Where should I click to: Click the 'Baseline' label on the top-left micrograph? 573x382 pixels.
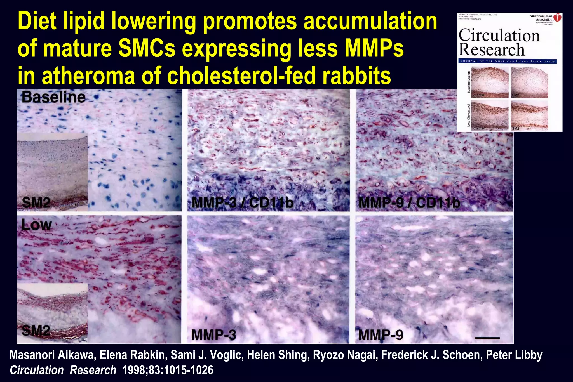(x=53, y=97)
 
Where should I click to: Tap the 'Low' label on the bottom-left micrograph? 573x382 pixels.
(x=37, y=225)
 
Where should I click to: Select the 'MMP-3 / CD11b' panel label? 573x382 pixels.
(x=242, y=203)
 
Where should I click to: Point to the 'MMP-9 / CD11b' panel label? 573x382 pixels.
(x=409, y=203)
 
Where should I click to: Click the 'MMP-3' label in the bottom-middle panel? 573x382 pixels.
(x=214, y=335)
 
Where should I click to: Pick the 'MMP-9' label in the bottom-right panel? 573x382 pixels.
(x=381, y=335)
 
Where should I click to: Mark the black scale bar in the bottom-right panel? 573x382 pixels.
(x=487, y=338)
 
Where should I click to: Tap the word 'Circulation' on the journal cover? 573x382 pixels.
(x=499, y=36)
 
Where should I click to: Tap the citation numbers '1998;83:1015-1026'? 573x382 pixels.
(x=168, y=370)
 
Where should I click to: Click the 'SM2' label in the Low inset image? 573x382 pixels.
(x=36, y=331)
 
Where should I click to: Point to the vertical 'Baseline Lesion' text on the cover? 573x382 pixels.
(x=469, y=82)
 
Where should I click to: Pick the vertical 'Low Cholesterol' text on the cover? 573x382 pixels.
(x=469, y=115)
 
